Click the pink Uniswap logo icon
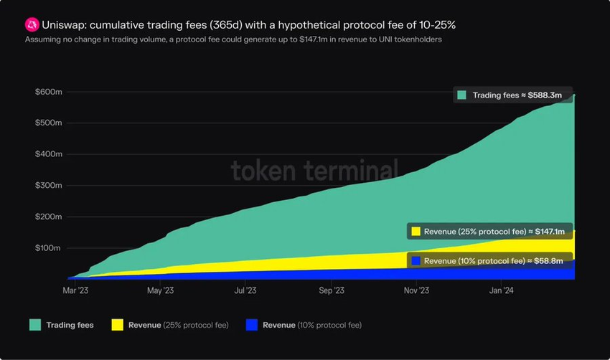(x=31, y=25)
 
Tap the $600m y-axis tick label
(x=48, y=92)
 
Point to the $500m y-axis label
(x=48, y=123)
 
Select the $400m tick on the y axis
(x=48, y=154)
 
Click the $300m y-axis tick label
(x=48, y=185)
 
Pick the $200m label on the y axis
(x=48, y=217)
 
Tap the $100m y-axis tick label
(x=48, y=248)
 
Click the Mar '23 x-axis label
(x=75, y=290)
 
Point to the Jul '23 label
(x=245, y=290)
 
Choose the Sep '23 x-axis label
(x=331, y=290)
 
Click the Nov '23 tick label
(x=416, y=290)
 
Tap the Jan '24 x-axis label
(x=501, y=290)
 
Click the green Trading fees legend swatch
(x=35, y=325)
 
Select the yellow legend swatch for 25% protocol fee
(x=117, y=325)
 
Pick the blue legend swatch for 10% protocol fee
(x=251, y=325)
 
